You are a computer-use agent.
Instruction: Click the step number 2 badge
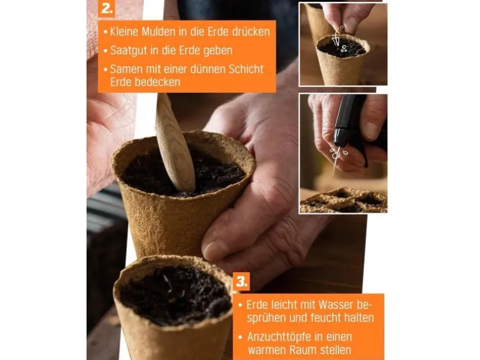point(107,8)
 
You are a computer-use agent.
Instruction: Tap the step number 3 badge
point(241,282)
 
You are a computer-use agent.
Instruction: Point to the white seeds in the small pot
point(343,48)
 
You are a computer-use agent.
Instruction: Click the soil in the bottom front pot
point(175,294)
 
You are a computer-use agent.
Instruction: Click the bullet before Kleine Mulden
point(105,32)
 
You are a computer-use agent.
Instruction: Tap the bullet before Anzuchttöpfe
point(240,337)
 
